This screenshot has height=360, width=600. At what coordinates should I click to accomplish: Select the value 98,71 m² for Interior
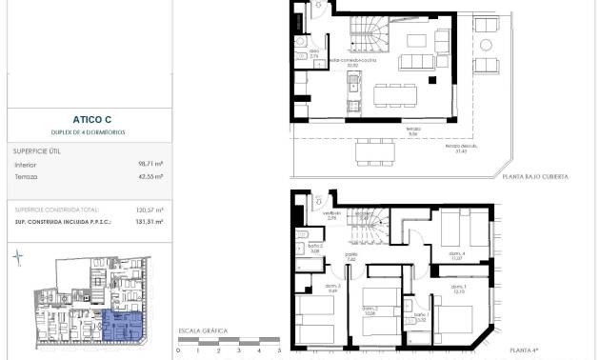150,164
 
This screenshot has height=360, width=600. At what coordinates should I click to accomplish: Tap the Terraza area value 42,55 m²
150,176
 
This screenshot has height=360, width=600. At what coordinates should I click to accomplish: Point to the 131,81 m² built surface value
150,221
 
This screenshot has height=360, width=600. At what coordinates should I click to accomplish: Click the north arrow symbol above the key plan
18,255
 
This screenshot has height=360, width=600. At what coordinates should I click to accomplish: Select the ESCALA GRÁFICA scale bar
229,341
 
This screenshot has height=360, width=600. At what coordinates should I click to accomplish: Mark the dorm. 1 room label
459,289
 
